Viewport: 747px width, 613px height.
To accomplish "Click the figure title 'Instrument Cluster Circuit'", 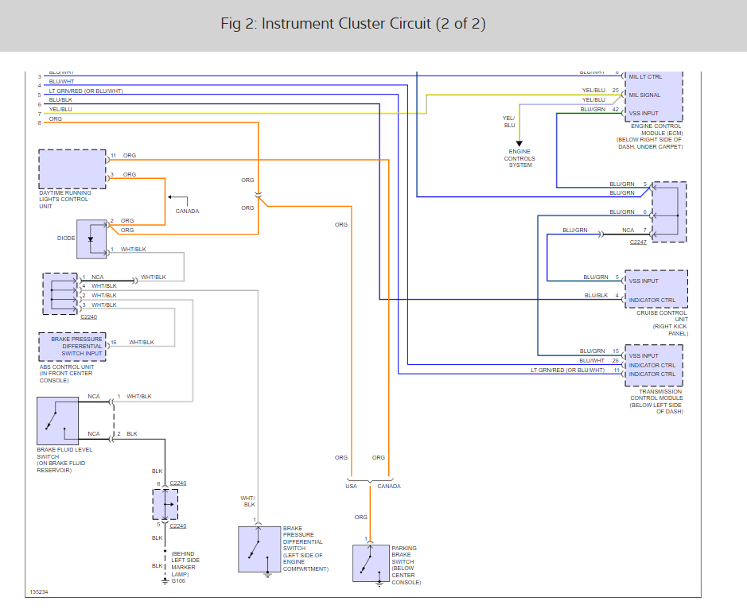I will (352, 24).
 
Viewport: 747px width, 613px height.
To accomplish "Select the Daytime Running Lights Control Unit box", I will (72, 168).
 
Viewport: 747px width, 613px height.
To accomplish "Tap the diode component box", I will (91, 239).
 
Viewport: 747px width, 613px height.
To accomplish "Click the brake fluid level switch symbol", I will (57, 421).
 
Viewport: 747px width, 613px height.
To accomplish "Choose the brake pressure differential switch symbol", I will (259, 549).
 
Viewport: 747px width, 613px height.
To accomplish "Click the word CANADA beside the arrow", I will (187, 211).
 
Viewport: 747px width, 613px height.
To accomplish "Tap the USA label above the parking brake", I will (351, 486).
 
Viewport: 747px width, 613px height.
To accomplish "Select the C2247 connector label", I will (638, 242).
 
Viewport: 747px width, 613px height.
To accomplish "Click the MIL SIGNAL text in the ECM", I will (644, 95).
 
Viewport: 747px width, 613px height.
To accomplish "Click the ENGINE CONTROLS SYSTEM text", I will (519, 158).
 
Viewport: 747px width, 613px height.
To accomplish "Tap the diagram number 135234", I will (38, 592).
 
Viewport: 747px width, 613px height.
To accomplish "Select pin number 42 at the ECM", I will (615, 109).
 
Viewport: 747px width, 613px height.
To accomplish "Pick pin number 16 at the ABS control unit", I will (113, 343).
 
